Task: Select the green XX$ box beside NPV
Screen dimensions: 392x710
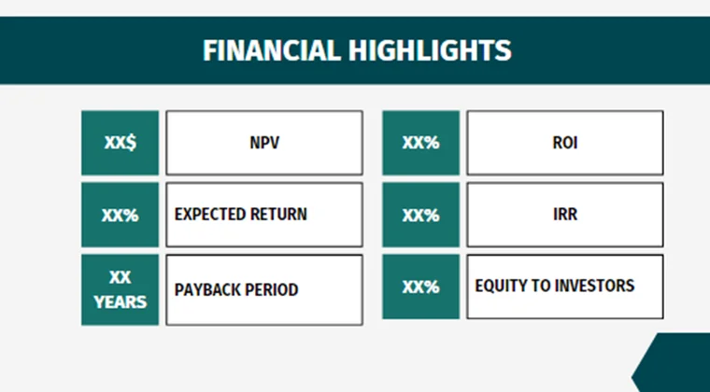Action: click(120, 143)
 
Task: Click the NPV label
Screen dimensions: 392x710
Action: click(264, 144)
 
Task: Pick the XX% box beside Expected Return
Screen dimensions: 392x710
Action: click(120, 215)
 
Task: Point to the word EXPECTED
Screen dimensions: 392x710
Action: click(210, 214)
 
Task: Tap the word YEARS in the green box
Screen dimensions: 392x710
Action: click(120, 301)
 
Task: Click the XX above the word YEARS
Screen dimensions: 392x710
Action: click(120, 278)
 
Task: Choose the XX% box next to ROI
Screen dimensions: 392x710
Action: click(420, 143)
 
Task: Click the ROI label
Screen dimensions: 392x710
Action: click(565, 144)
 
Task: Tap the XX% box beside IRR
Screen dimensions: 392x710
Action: click(420, 215)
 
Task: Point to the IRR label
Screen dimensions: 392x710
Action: click(565, 214)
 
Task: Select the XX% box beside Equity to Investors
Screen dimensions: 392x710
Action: click(420, 287)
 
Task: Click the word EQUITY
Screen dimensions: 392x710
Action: click(501, 285)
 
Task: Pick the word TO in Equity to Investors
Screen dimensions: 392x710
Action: click(541, 285)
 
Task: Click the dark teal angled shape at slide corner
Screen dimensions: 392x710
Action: click(677, 366)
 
